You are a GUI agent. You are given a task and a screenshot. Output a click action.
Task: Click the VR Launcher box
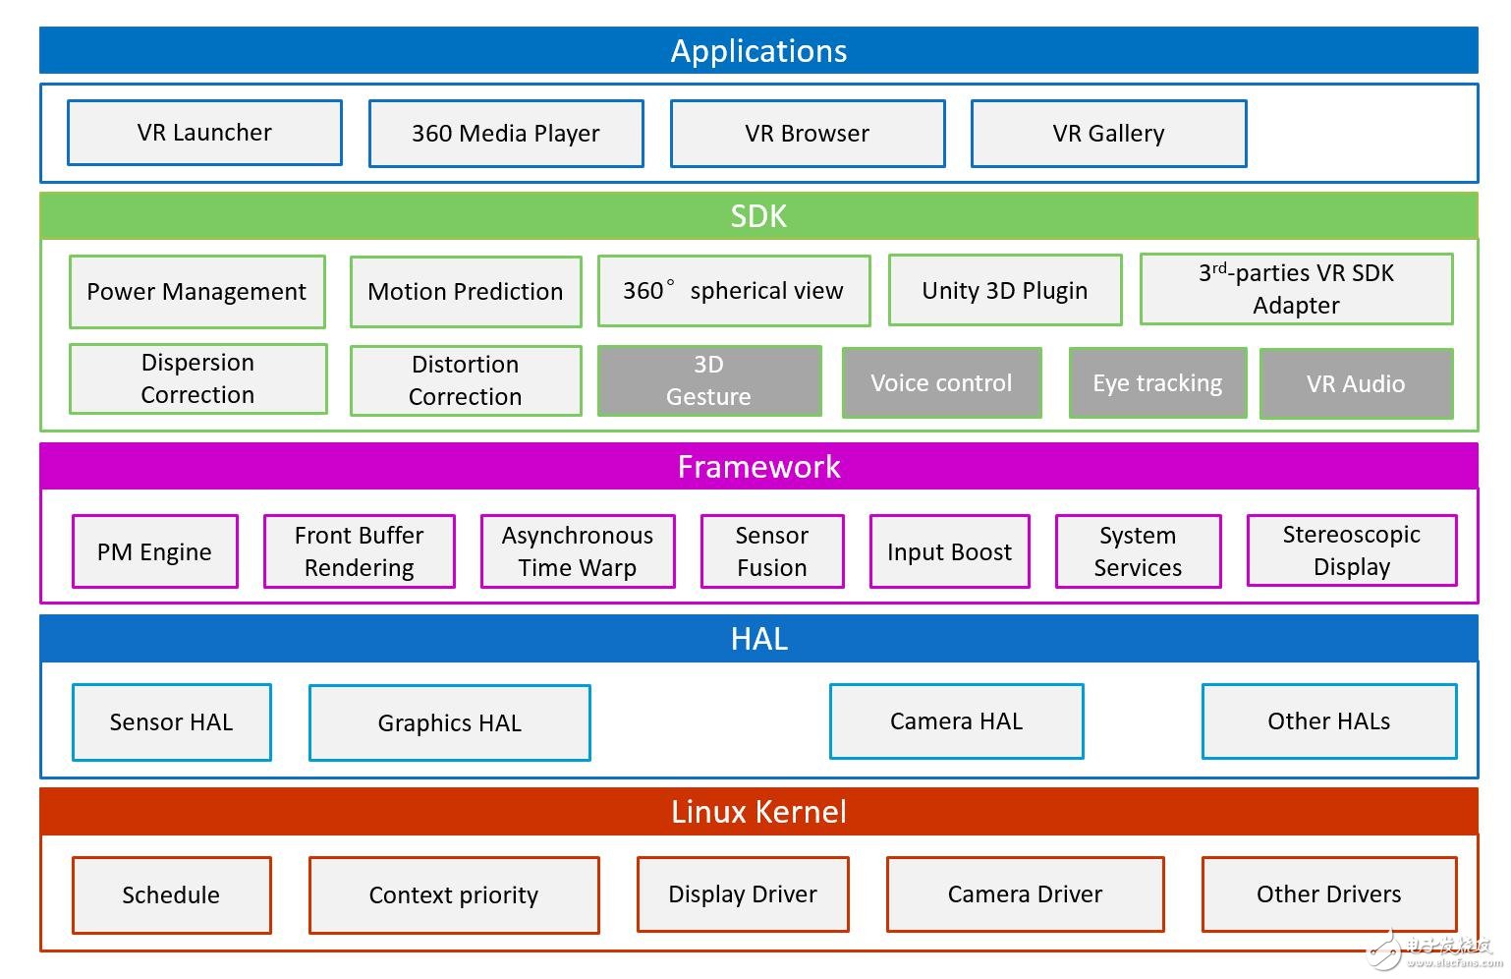(x=204, y=133)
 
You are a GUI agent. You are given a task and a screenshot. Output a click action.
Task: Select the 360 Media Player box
(x=506, y=134)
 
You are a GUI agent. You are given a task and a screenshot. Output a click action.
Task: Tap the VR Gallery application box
(x=1108, y=134)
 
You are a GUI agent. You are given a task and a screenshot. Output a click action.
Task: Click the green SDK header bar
(x=758, y=216)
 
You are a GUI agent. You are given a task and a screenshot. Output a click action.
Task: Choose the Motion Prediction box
(x=466, y=292)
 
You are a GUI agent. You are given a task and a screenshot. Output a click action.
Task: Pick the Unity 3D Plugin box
(x=1004, y=291)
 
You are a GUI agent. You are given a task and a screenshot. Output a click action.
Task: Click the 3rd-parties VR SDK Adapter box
(x=1296, y=289)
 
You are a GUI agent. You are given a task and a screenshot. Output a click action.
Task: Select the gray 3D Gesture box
(x=708, y=380)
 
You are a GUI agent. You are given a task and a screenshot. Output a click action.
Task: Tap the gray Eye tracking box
(x=1157, y=383)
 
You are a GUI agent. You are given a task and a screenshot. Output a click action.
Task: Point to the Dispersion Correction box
(x=197, y=378)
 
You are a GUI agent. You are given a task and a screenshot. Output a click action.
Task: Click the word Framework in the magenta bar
(x=758, y=467)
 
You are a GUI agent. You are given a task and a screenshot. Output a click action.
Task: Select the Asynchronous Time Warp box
(x=578, y=551)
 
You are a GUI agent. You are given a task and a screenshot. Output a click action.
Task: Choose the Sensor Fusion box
(x=772, y=551)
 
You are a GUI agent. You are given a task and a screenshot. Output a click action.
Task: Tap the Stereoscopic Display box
(x=1352, y=550)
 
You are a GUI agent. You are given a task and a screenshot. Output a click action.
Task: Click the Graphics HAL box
(x=450, y=723)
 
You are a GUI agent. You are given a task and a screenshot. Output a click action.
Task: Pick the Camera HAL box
(x=956, y=721)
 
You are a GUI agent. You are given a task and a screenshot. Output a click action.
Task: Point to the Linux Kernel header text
(x=758, y=812)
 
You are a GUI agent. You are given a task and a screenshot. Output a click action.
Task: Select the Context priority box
(x=454, y=895)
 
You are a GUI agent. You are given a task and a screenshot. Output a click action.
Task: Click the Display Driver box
(x=743, y=894)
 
